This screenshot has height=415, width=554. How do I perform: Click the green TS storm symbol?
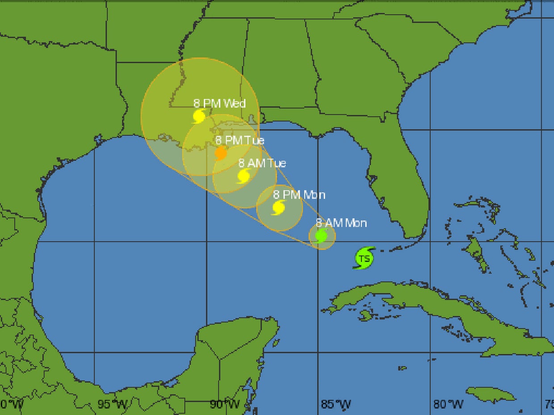(365, 258)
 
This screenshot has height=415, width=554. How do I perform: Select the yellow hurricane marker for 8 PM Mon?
(279, 207)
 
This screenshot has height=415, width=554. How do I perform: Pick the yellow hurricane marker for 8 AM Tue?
(244, 175)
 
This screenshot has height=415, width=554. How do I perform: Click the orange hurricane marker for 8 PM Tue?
(221, 153)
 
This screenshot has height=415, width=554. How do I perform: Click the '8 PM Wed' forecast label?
(219, 104)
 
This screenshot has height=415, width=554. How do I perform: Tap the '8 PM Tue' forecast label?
(239, 140)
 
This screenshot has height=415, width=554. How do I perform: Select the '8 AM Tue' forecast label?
(262, 163)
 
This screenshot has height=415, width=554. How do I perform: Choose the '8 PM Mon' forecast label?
(299, 195)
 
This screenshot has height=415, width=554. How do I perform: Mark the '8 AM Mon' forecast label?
(341, 223)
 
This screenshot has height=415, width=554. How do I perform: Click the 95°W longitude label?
(113, 405)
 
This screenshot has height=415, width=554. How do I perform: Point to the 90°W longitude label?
(224, 405)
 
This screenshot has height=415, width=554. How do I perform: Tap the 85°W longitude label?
(336, 405)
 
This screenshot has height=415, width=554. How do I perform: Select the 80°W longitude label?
(448, 405)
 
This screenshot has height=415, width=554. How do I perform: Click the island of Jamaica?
(491, 394)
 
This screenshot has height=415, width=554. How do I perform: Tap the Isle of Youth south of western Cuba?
(365, 315)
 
